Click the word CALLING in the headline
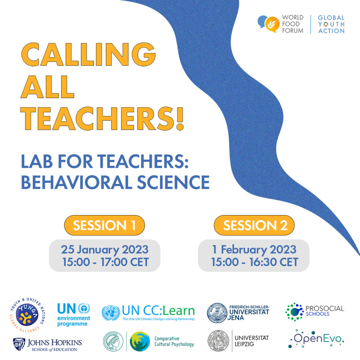pyautogui.click(x=88, y=54)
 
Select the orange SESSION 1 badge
pyautogui.click(x=104, y=225)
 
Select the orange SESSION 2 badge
pyautogui.click(x=254, y=225)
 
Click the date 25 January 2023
pyautogui.click(x=105, y=250)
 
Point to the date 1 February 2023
pyautogui.click(x=254, y=250)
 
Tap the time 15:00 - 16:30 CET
pyautogui.click(x=255, y=262)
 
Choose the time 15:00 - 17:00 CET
pyautogui.click(x=105, y=262)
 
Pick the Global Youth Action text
pyautogui.click(x=331, y=24)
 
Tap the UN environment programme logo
pyautogui.click(x=74, y=315)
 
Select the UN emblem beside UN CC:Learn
pyautogui.click(x=111, y=313)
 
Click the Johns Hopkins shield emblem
pyautogui.click(x=19, y=344)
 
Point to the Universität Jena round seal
pyautogui.click(x=217, y=313)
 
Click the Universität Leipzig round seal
pyautogui.click(x=218, y=341)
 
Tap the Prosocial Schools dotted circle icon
pyautogui.click(x=295, y=312)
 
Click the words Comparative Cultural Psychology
pyautogui.click(x=174, y=341)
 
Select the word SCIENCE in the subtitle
pyautogui.click(x=173, y=182)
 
